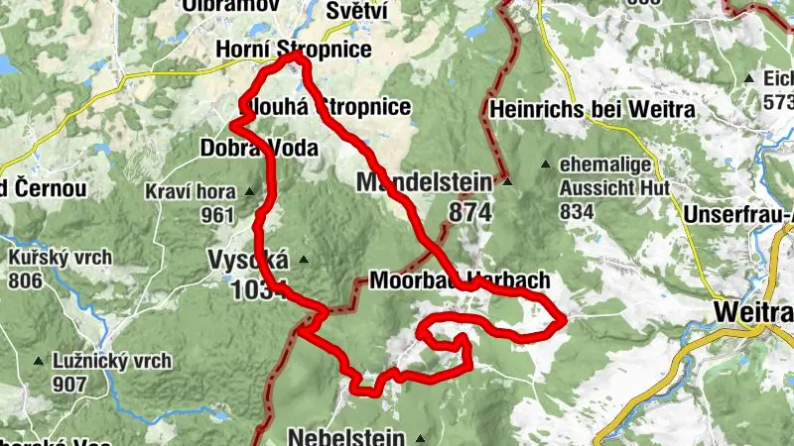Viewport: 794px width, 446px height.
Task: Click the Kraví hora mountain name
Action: tap(190, 192)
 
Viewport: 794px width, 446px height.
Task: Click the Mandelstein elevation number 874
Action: tap(469, 211)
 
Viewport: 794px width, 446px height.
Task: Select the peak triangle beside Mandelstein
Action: tap(507, 182)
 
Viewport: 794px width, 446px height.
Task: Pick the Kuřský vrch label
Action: tap(60, 258)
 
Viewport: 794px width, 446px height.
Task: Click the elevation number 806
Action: tap(25, 280)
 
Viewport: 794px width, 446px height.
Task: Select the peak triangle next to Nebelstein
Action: tap(421, 437)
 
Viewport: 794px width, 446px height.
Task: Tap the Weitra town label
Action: tap(752, 313)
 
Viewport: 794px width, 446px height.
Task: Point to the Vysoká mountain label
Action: tap(248, 260)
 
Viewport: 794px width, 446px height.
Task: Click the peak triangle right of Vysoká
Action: tap(304, 261)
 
